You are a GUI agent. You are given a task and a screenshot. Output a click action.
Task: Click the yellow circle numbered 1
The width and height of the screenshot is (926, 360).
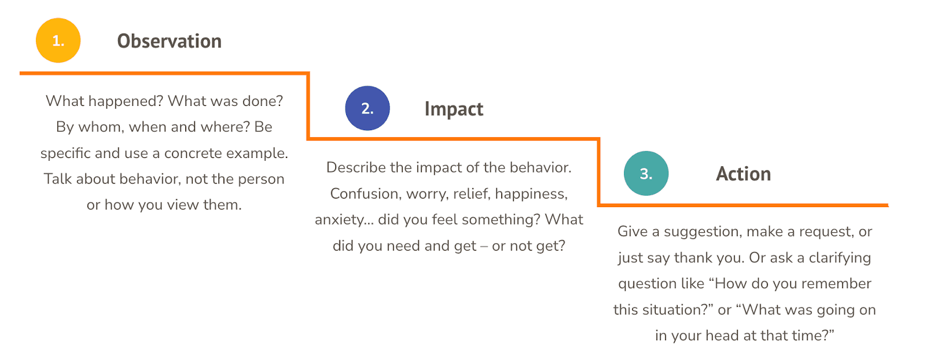tap(58, 41)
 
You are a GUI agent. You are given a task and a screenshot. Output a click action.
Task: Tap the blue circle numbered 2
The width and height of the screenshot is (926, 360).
tap(368, 108)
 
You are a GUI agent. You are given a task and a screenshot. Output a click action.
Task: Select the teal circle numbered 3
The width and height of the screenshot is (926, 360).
tap(646, 174)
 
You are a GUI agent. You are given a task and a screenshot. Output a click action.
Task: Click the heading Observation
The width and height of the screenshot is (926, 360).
tap(169, 41)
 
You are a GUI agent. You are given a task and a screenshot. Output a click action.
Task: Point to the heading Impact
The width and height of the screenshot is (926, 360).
tap(454, 109)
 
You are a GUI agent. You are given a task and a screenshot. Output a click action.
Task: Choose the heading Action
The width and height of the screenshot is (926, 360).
tap(743, 174)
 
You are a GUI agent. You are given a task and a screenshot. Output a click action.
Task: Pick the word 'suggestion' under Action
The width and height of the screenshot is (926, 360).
tap(703, 232)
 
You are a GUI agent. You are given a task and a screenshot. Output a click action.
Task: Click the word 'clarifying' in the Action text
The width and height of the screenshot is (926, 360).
tap(839, 258)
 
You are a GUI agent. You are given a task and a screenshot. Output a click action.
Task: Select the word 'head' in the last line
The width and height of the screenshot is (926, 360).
tap(723, 336)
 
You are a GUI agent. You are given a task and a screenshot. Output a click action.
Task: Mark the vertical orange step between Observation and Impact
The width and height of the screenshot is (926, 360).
tap(308, 106)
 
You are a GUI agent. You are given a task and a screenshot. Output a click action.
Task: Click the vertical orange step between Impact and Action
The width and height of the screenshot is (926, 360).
tap(598, 172)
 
